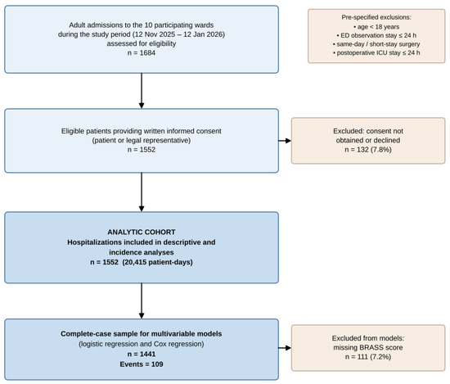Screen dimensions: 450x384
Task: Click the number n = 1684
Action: tap(142, 53)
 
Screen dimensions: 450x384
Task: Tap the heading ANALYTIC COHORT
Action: tap(142, 232)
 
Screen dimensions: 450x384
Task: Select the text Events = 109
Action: tap(142, 364)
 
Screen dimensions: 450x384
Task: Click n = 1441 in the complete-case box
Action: tap(142, 355)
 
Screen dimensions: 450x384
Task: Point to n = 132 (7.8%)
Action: tap(368, 150)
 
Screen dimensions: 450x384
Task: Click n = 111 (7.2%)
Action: tap(368, 357)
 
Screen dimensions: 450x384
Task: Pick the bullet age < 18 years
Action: tap(376, 27)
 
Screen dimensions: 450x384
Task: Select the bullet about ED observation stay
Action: tap(376, 35)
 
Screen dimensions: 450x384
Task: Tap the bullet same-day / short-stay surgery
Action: tap(376, 44)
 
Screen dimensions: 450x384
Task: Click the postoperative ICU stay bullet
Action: tap(376, 52)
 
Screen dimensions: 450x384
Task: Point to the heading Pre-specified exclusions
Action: tap(376, 17)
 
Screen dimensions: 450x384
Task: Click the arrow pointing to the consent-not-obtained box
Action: tap(285, 141)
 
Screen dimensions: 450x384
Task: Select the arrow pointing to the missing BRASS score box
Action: tap(285, 348)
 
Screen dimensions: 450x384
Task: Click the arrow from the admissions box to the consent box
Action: tap(142, 91)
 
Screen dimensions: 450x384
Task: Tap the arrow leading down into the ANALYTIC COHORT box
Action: tap(142, 192)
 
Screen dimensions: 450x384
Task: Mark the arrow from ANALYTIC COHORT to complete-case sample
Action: tap(142, 301)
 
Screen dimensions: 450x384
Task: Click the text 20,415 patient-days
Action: tap(157, 262)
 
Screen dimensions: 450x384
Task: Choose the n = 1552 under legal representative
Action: tap(142, 150)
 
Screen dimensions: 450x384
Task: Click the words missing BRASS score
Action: tap(368, 347)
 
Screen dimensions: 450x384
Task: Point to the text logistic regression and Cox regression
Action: tap(142, 344)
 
